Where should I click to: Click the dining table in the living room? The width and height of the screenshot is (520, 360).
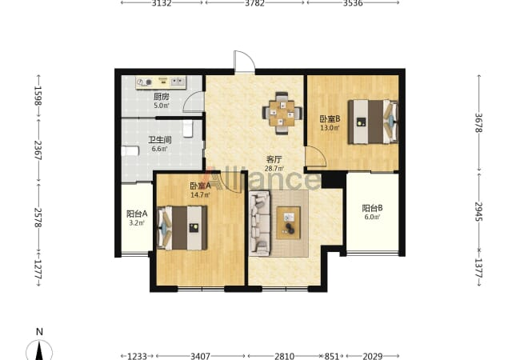[282, 113]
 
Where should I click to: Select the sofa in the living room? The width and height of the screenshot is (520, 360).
[260, 223]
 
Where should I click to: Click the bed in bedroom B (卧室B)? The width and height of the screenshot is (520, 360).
[373, 122]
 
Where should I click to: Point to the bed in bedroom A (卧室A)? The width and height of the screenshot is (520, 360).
[182, 228]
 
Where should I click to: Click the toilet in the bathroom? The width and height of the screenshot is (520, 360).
[188, 129]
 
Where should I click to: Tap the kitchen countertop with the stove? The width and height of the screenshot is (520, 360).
[161, 82]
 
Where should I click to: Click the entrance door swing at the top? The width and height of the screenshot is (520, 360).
[245, 62]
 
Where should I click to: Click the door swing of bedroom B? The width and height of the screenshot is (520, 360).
[316, 157]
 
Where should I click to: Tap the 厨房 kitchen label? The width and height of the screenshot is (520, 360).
[161, 97]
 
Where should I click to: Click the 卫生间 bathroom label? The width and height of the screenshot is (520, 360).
[160, 140]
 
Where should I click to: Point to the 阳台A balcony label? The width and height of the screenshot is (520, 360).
[137, 214]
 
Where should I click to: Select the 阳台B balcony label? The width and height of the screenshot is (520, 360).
[372, 208]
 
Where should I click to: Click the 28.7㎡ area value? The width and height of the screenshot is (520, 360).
[274, 168]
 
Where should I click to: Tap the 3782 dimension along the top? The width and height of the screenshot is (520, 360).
[254, 3]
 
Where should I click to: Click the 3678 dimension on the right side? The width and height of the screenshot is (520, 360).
[478, 123]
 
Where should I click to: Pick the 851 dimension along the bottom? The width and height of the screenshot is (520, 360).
[332, 356]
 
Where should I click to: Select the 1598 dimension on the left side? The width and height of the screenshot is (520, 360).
[38, 96]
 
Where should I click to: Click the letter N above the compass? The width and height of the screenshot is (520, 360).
[39, 331]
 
